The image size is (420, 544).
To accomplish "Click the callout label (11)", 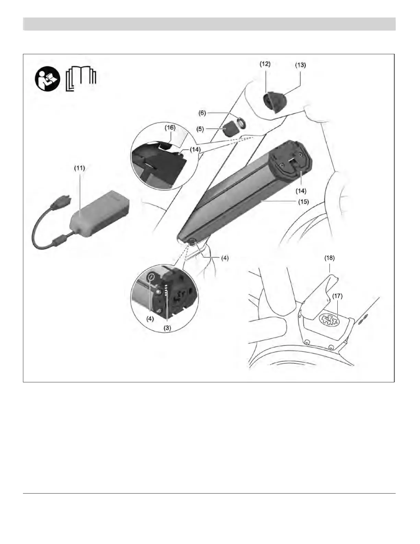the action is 80,168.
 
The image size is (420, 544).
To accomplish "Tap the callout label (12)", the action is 265,64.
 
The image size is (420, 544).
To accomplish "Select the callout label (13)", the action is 300,65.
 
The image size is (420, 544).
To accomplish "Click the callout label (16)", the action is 170,127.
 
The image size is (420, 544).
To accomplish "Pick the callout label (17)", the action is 338,296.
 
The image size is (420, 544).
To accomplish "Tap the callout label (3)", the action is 167,328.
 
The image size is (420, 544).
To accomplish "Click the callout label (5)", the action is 200,129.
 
